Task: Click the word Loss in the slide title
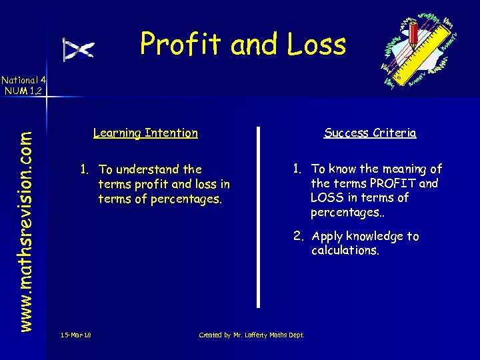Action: click(317, 45)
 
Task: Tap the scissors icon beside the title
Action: click(79, 49)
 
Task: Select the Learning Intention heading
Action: click(145, 133)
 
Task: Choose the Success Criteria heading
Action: click(370, 133)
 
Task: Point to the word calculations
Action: click(345, 250)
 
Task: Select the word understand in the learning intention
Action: click(149, 169)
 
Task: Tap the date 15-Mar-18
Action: click(75, 335)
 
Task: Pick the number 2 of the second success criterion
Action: click(295, 236)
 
